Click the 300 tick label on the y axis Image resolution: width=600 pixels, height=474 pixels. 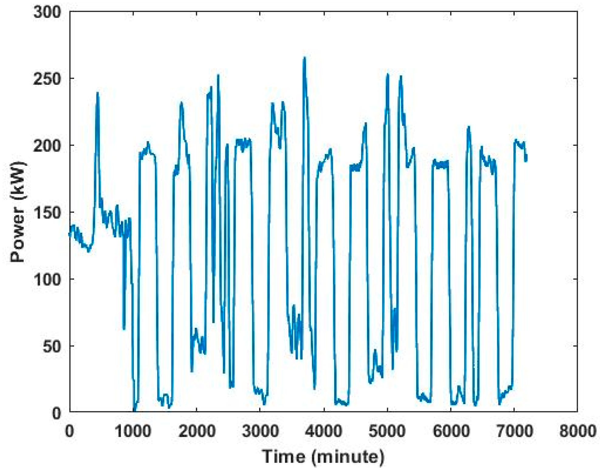pyautogui.click(x=47, y=13)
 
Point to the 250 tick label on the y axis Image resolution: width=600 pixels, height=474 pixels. pyautogui.click(x=47, y=79)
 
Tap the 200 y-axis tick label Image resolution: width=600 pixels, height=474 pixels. pyautogui.click(x=47, y=146)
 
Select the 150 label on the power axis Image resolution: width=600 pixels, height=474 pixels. pyautogui.click(x=47, y=213)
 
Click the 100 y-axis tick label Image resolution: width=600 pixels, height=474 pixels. pyautogui.click(x=47, y=280)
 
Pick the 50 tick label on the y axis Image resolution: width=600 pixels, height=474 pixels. pyautogui.click(x=52, y=347)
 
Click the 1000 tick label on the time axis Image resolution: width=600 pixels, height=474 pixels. pyautogui.click(x=133, y=431)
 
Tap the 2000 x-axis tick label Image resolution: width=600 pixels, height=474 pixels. pyautogui.click(x=197, y=431)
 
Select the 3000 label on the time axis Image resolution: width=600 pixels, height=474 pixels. pyautogui.click(x=260, y=431)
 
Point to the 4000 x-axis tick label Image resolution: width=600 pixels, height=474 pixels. pyautogui.click(x=324, y=431)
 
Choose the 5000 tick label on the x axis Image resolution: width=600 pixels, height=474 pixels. pyautogui.click(x=387, y=431)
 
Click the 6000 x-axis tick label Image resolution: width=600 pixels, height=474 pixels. pyautogui.click(x=451, y=431)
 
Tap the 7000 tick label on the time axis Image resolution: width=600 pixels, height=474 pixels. pyautogui.click(x=514, y=431)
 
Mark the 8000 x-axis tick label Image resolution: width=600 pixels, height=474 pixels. pyautogui.click(x=577, y=431)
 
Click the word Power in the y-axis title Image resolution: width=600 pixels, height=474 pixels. pyautogui.click(x=17, y=235)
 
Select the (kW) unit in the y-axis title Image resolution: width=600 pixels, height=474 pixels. pyautogui.click(x=18, y=183)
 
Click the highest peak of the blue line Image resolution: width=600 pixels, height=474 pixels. pyautogui.click(x=304, y=58)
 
